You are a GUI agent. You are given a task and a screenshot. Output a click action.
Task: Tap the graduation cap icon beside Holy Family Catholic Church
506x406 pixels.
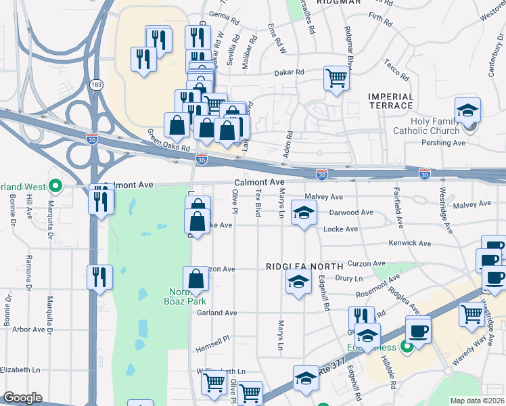click(467, 110)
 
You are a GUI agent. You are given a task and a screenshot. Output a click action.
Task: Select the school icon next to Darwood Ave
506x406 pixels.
click(304, 213)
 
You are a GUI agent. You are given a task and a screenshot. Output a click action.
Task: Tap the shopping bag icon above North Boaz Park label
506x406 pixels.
click(195, 278)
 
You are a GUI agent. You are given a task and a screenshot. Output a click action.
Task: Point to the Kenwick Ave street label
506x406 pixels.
click(410, 243)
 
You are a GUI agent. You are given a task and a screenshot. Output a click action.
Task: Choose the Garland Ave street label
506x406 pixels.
click(216, 313)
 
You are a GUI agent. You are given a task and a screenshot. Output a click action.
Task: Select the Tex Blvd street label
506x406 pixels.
click(257, 204)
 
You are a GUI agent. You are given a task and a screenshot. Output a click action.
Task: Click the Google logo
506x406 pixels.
click(23, 397)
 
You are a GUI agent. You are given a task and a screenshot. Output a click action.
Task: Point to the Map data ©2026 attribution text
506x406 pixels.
click(477, 401)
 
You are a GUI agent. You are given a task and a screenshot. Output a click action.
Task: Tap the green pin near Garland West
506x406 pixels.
click(57, 185)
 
